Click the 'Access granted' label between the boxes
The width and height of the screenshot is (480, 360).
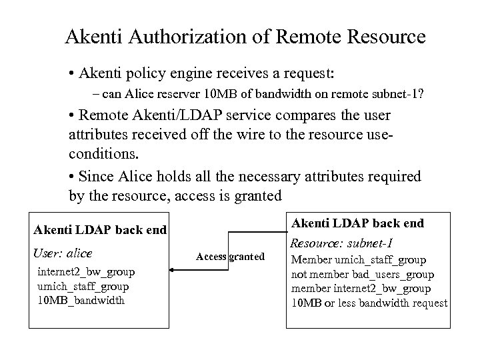(230, 257)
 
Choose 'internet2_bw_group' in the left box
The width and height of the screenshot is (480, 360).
(86, 271)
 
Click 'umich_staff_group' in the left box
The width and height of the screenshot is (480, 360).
(83, 286)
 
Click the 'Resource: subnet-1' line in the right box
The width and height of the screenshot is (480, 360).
(343, 243)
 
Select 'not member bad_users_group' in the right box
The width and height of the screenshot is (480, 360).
(363, 274)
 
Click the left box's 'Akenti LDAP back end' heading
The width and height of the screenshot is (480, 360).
(99, 231)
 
